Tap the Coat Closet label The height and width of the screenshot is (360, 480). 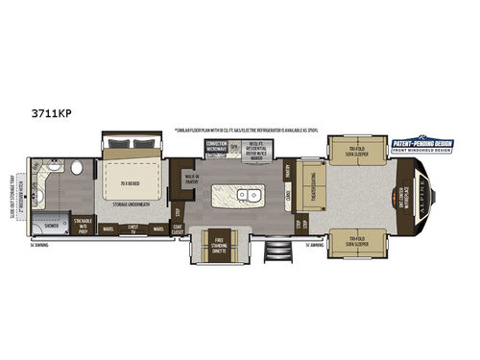pyautogui.click(x=179, y=229)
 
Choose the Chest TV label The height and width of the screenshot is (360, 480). pyautogui.click(x=134, y=229)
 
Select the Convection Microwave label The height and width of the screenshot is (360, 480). pyautogui.click(x=216, y=145)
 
